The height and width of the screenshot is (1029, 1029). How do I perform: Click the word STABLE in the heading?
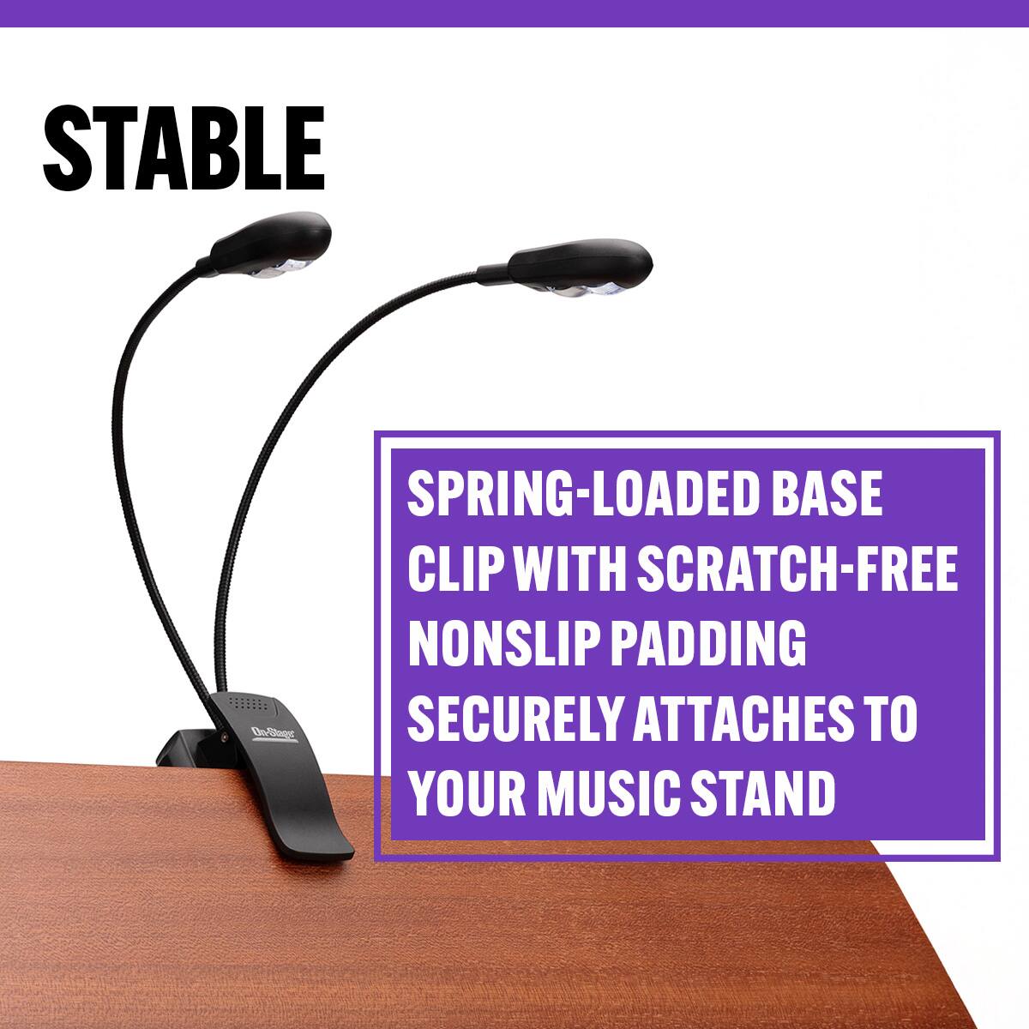[184, 148]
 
